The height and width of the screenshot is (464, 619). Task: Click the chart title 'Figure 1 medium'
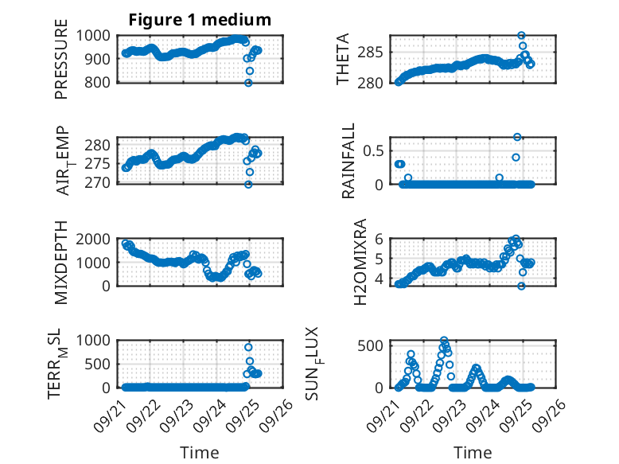coord(200,20)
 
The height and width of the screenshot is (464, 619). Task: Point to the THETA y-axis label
coord(343,59)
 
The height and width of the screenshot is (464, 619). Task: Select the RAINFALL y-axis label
coord(348,160)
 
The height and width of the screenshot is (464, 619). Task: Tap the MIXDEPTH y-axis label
coord(61,262)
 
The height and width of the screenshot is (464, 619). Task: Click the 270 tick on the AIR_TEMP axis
coord(101,182)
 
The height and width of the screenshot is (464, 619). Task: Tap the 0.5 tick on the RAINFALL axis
coord(375,150)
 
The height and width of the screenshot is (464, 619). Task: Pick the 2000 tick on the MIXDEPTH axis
coord(95,239)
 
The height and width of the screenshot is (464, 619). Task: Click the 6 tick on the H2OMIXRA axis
coord(380,239)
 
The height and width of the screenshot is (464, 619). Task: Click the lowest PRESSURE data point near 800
coord(248,82)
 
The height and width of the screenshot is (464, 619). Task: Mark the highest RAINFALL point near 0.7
coord(517,137)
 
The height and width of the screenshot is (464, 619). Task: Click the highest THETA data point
coord(521,36)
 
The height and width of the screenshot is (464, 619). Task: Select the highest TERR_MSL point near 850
coord(248,347)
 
